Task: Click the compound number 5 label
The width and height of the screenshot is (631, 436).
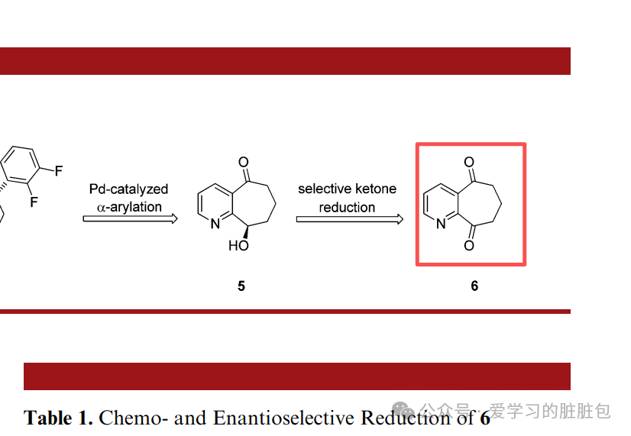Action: click(x=241, y=286)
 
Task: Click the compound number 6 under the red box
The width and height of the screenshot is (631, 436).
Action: click(x=474, y=286)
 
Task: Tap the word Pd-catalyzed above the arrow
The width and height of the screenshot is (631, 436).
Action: click(x=128, y=189)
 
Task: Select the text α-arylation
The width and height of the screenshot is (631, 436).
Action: click(x=129, y=207)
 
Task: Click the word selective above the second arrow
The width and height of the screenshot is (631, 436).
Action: click(x=324, y=189)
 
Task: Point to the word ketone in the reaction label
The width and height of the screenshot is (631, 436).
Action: click(x=375, y=189)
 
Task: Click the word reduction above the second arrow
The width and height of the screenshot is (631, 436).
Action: click(x=347, y=207)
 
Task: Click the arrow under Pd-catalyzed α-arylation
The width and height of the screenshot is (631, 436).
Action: click(x=130, y=219)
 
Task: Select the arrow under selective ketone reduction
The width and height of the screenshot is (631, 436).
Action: click(x=349, y=219)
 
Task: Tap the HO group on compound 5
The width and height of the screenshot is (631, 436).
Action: click(x=238, y=246)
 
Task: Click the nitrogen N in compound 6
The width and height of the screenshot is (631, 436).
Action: click(x=441, y=223)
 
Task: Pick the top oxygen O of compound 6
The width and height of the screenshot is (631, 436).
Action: click(x=469, y=163)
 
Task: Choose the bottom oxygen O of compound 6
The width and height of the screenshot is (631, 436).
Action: click(x=469, y=246)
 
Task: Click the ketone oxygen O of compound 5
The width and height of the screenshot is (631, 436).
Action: click(x=244, y=162)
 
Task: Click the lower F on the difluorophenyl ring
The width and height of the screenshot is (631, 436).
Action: click(x=34, y=202)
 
